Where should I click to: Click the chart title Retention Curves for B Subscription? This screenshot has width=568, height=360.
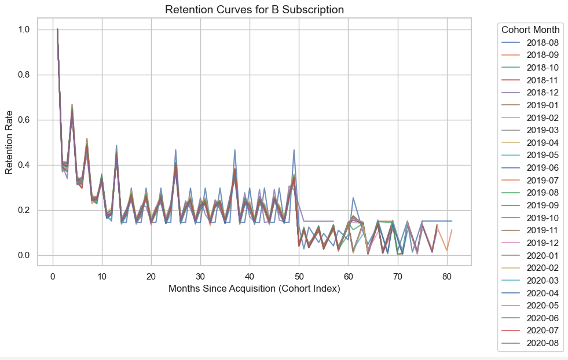pyautogui.click(x=255, y=9)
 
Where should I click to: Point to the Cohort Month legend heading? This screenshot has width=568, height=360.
pyautogui.click(x=530, y=30)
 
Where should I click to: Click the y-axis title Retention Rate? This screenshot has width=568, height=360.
pyautogui.click(x=9, y=142)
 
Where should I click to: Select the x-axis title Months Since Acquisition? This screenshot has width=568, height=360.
pyautogui.click(x=254, y=288)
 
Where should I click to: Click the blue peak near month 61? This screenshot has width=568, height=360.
pyautogui.click(x=353, y=198)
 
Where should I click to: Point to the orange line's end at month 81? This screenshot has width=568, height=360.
pyautogui.click(x=452, y=230)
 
